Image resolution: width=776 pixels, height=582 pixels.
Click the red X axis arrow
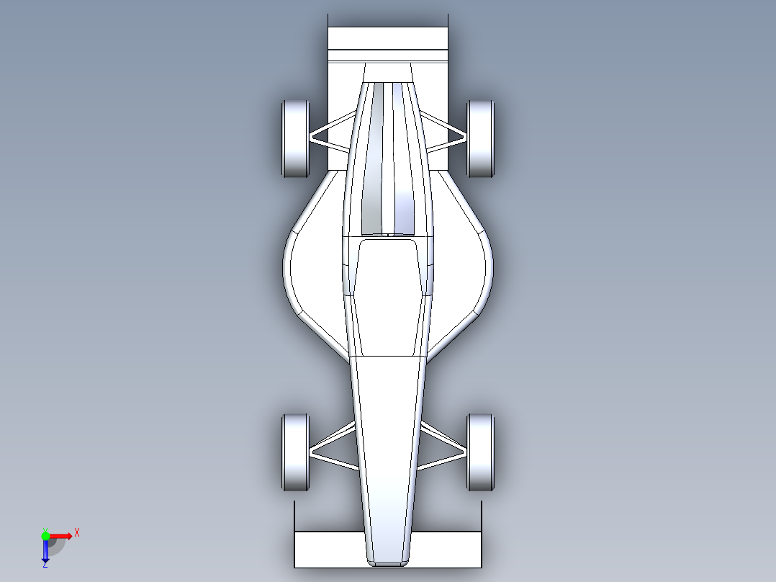[x=61, y=535]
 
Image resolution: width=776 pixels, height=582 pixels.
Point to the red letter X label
[x=76, y=532]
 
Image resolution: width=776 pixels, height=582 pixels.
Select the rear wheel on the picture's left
[x=294, y=138]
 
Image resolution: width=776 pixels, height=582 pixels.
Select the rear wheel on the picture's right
[x=480, y=138]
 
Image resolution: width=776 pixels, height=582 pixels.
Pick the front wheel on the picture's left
[x=294, y=452]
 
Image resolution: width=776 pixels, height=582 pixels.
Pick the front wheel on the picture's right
[x=480, y=452]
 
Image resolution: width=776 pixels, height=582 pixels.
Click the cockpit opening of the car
[x=389, y=295]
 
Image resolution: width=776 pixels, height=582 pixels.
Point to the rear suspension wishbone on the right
[x=446, y=133]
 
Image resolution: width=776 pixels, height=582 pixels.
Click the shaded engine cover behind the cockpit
[x=389, y=158]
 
